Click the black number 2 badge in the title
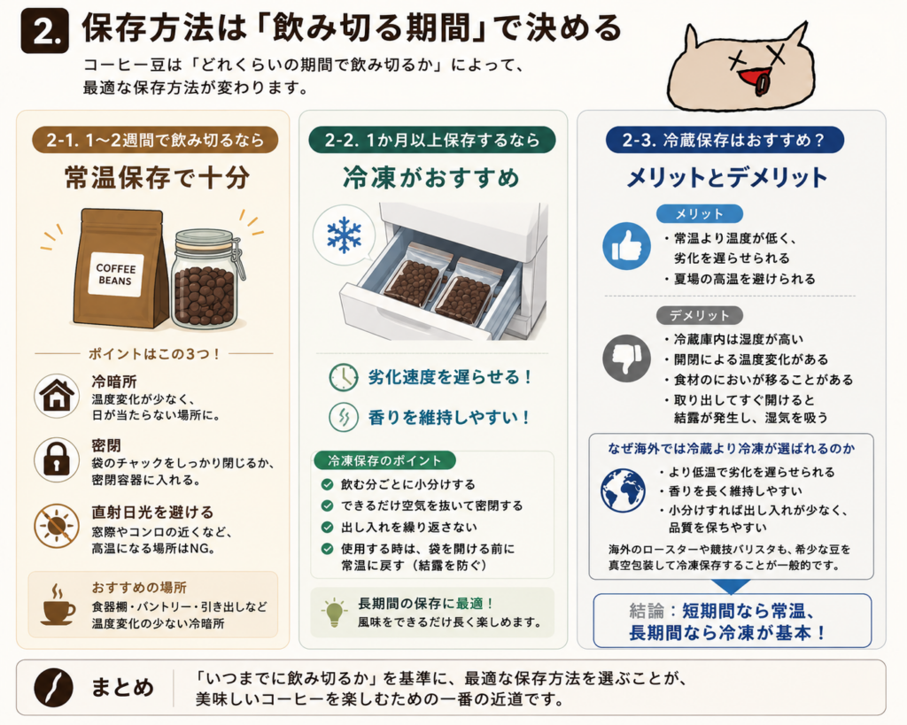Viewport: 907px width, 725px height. point(44,32)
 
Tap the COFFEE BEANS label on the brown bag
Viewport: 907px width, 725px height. point(116,274)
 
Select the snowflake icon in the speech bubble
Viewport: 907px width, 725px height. point(344,235)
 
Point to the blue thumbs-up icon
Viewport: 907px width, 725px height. point(626,246)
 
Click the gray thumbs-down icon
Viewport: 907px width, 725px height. point(626,359)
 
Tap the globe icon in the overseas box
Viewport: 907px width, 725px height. point(623,490)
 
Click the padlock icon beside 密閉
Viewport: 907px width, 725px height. point(56,460)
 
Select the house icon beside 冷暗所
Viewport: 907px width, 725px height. point(56,397)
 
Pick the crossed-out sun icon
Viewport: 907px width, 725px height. point(56,526)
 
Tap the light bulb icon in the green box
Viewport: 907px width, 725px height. point(335,613)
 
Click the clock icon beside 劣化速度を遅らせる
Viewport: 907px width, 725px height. point(344,377)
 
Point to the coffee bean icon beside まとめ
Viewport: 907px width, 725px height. point(53,688)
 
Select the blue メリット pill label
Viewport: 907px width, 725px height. point(700,214)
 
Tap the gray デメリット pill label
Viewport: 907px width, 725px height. point(700,315)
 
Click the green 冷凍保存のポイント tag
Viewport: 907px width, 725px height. point(384,460)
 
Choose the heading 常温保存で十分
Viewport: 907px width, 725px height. point(158,178)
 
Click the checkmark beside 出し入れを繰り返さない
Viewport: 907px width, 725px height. point(328,528)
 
